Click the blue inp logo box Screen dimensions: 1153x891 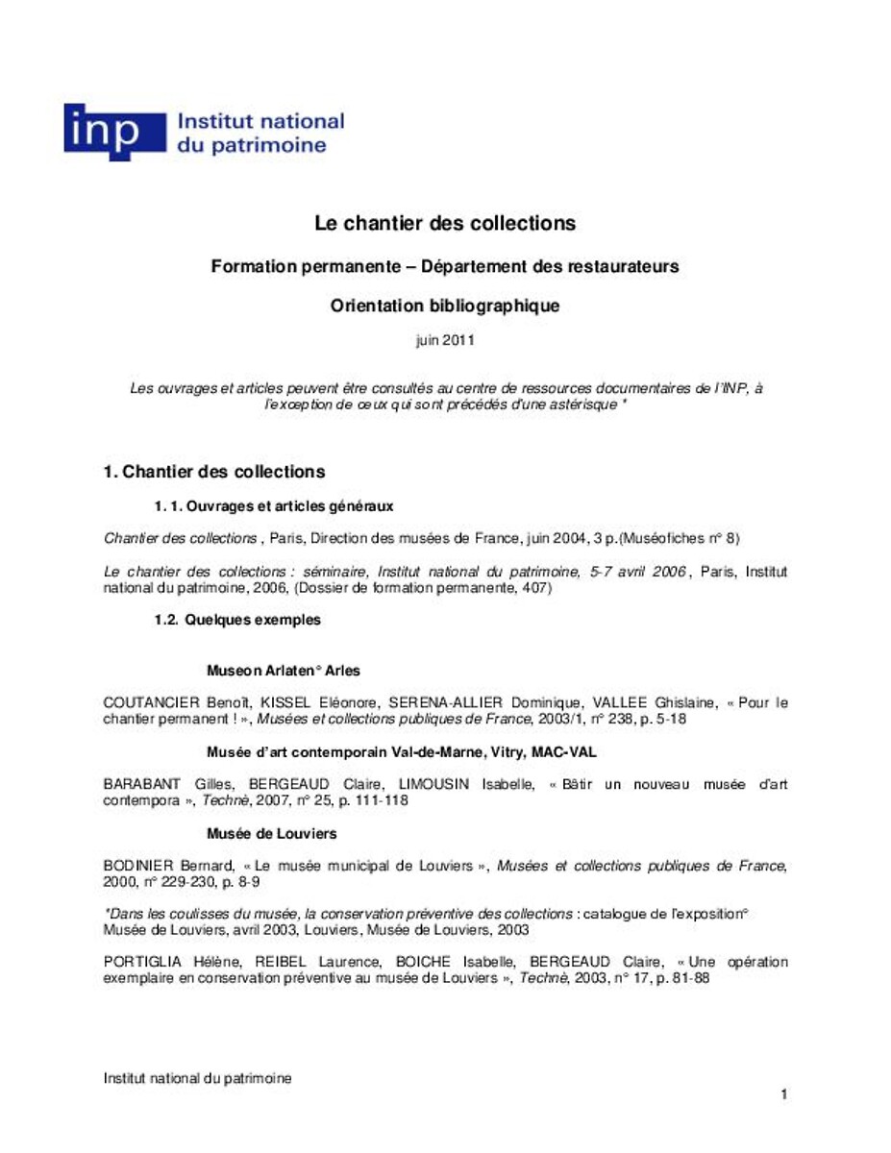[101, 132]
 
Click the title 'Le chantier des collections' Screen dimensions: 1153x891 [445, 223]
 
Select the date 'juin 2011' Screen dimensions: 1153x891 [445, 339]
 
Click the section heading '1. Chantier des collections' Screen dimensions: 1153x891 [214, 472]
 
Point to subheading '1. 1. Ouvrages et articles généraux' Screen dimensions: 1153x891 [274, 505]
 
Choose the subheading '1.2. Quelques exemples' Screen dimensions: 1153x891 [237, 620]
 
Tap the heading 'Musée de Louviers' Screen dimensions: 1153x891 [272, 833]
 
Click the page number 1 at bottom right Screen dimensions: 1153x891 [784, 1094]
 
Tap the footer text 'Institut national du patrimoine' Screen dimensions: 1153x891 [198, 1078]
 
